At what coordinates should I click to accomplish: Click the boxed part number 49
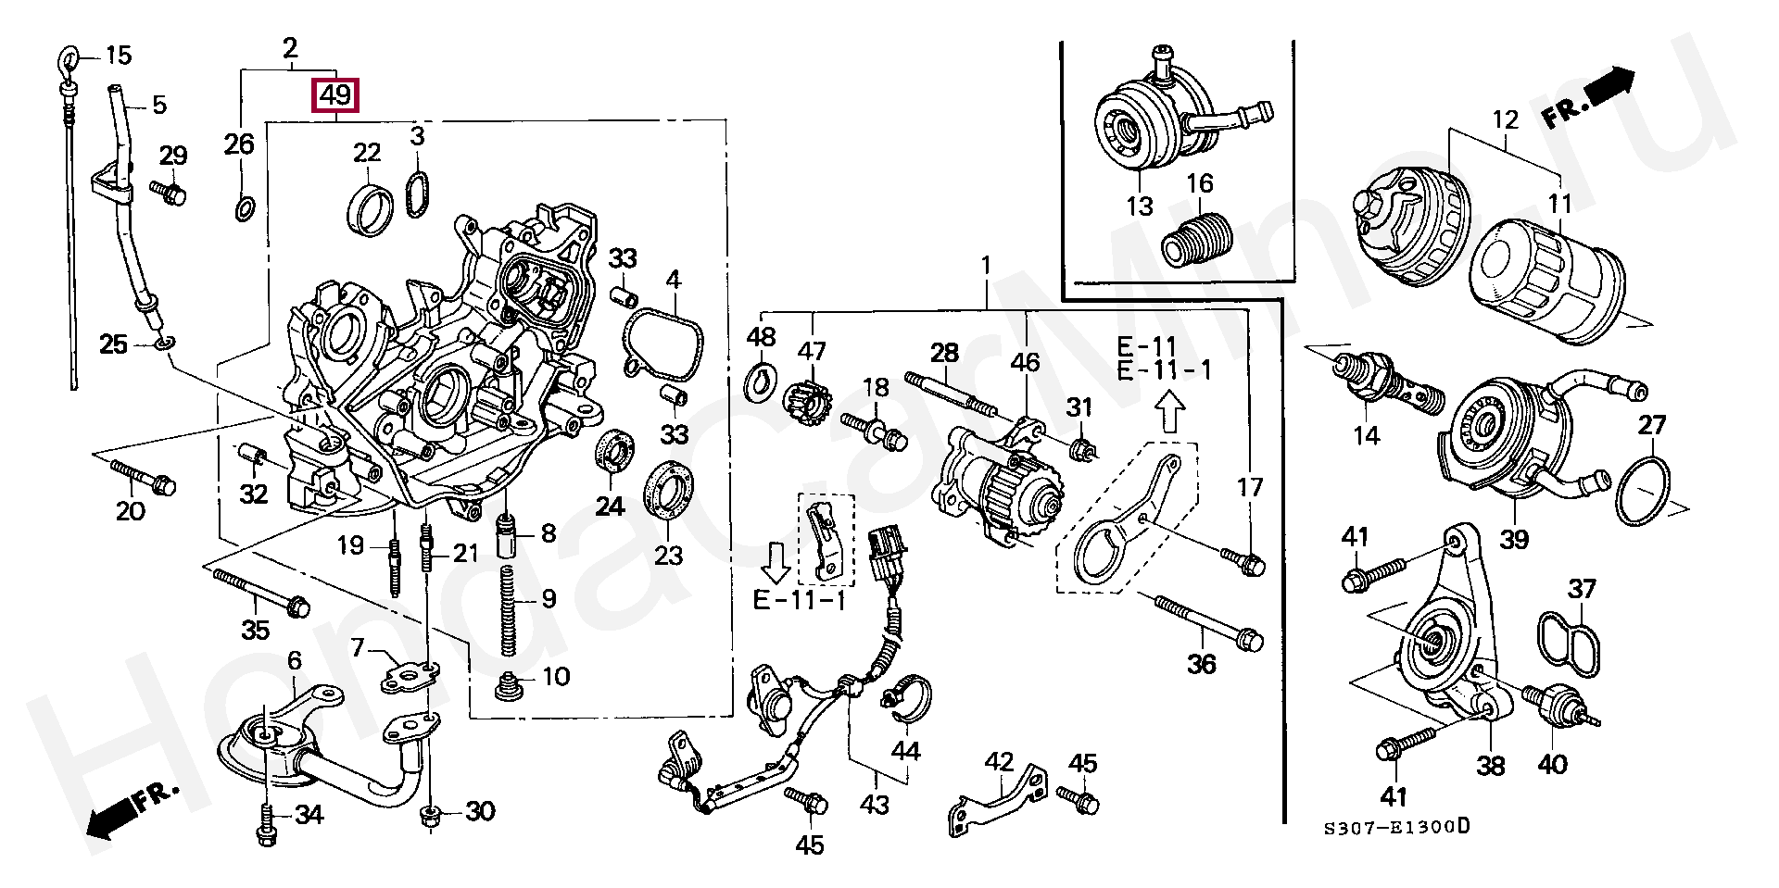point(335,95)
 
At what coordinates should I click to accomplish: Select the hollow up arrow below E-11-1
point(1170,411)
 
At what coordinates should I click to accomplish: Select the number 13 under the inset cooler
point(1139,206)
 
